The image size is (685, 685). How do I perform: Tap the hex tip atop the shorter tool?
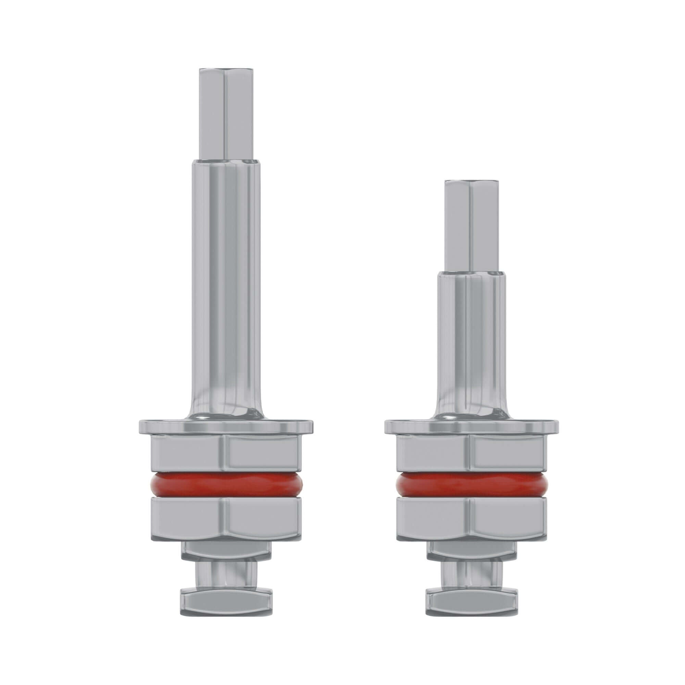click(470, 227)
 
